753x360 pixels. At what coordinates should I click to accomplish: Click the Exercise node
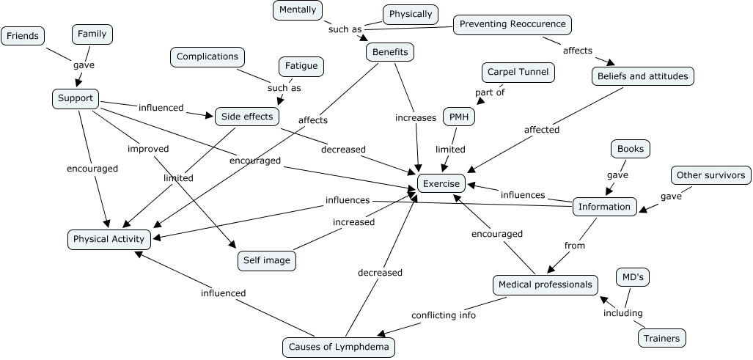[441, 184]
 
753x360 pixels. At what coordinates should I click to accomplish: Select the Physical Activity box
[111, 238]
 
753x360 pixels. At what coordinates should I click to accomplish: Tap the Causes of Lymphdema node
[339, 347]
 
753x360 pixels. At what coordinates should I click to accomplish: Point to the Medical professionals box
[545, 284]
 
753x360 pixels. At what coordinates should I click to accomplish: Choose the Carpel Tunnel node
[518, 73]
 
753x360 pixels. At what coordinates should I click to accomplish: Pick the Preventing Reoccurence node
[512, 24]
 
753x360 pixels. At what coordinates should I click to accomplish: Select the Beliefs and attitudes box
[642, 76]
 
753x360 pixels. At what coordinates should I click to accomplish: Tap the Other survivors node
[710, 175]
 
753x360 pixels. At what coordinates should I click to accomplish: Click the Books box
[631, 149]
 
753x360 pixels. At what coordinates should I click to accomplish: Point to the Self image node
[266, 260]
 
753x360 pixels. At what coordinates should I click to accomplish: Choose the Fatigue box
[301, 66]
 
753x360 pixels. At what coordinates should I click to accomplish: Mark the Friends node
[22, 35]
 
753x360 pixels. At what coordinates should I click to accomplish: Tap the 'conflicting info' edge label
[444, 315]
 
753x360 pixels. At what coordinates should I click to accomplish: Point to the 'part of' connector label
[491, 92]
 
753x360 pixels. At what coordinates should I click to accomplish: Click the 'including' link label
[622, 313]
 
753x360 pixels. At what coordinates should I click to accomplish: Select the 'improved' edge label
[148, 149]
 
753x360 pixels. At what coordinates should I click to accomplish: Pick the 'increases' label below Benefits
[416, 117]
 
